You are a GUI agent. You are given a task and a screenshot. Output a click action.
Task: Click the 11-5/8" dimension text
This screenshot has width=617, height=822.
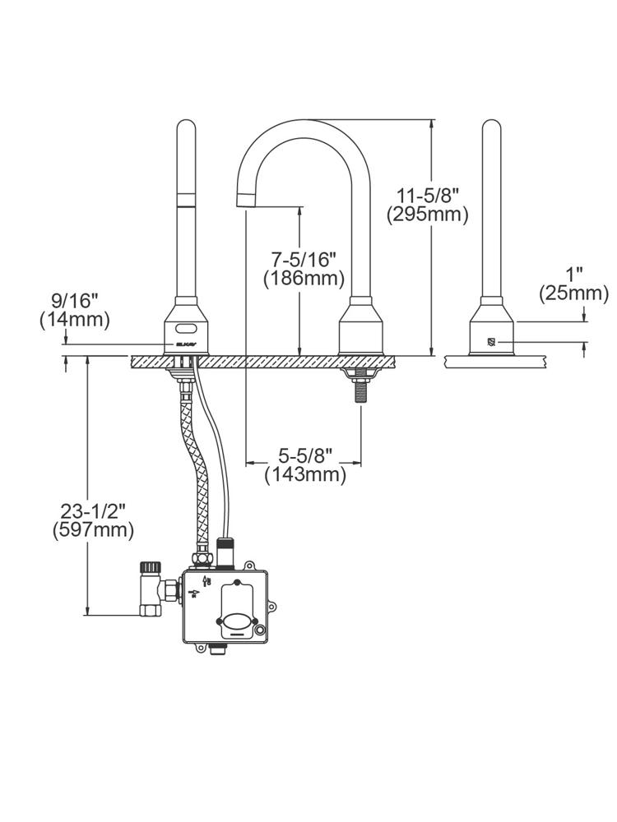pos(427,196)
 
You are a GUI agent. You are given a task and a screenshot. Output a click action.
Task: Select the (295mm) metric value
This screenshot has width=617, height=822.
pos(427,215)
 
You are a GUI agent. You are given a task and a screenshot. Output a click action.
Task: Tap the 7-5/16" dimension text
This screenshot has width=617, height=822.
pos(304,259)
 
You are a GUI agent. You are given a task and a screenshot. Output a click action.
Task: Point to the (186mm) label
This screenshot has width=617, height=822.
pos(304,279)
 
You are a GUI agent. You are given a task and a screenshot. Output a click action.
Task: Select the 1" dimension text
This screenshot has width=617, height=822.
pos(573,273)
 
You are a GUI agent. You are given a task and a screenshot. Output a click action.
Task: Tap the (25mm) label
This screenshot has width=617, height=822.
pos(573,293)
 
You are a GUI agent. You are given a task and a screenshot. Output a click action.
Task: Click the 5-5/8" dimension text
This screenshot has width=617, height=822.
pos(304,455)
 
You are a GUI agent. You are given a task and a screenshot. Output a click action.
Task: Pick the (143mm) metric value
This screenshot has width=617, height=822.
pos(304,474)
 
